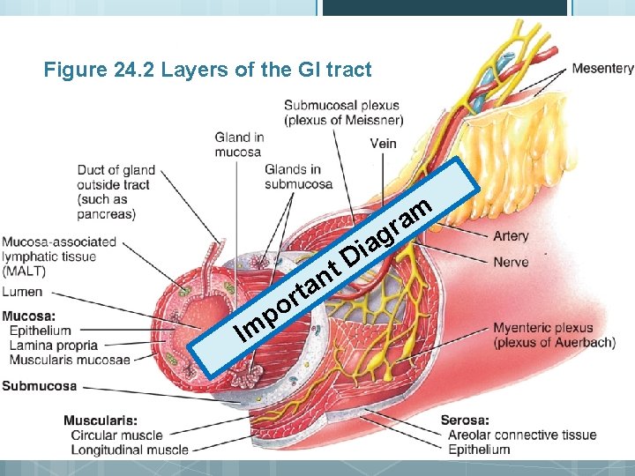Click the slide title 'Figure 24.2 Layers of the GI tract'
(208, 70)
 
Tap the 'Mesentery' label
(602, 68)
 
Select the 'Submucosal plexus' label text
(341, 107)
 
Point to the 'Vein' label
(383, 144)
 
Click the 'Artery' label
(511, 236)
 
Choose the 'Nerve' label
(511, 263)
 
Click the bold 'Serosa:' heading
(465, 420)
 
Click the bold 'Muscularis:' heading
(100, 420)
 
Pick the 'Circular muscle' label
(116, 435)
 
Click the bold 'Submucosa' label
(39, 386)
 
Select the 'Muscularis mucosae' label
(69, 360)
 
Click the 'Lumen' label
(22, 292)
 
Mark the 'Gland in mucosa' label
(239, 145)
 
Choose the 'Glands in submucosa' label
(298, 176)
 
